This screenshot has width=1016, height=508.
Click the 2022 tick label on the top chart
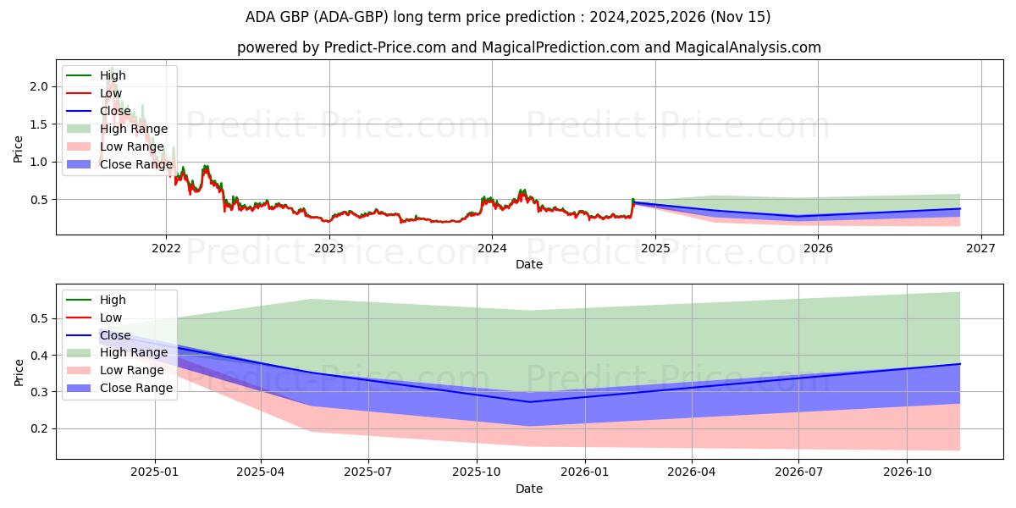[x=165, y=248]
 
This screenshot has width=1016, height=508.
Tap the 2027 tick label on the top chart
[x=981, y=248]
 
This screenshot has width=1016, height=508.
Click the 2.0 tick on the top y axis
[x=37, y=86]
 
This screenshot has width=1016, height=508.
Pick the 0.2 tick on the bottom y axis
[x=37, y=428]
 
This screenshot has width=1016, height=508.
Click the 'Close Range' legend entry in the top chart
[x=135, y=164]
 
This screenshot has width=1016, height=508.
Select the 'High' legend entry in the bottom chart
[x=113, y=300]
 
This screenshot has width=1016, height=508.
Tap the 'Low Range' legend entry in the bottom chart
[x=131, y=371]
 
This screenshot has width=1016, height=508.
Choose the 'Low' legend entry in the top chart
[x=111, y=93]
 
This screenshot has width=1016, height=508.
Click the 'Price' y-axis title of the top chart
[x=19, y=149]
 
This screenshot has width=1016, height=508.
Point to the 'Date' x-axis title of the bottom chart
[x=529, y=489]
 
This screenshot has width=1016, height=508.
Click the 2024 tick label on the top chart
[x=492, y=248]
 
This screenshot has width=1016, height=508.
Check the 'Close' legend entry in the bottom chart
[x=115, y=335]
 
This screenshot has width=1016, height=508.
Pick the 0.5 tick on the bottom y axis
[x=37, y=319]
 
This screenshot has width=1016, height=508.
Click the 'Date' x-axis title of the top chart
[x=529, y=264]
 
